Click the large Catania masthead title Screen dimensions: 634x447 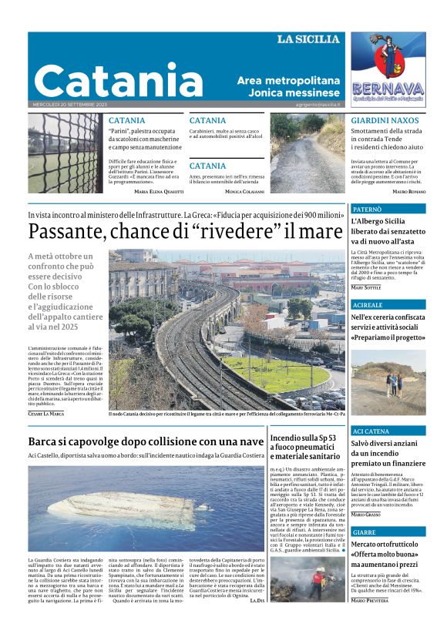click(x=108, y=79)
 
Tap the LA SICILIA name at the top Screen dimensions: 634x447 click(x=308, y=39)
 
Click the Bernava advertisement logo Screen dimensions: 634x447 click(x=388, y=72)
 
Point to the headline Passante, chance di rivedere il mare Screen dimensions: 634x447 click(x=186, y=231)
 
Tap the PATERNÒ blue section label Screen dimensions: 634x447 click(x=367, y=209)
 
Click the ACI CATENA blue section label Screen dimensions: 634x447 click(x=371, y=431)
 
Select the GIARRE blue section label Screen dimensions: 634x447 click(x=365, y=532)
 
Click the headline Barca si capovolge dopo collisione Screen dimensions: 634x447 click(x=146, y=441)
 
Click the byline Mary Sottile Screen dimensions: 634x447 click(x=366, y=287)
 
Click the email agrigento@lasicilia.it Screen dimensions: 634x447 click(x=317, y=104)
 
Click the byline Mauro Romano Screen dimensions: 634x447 click(x=409, y=190)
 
